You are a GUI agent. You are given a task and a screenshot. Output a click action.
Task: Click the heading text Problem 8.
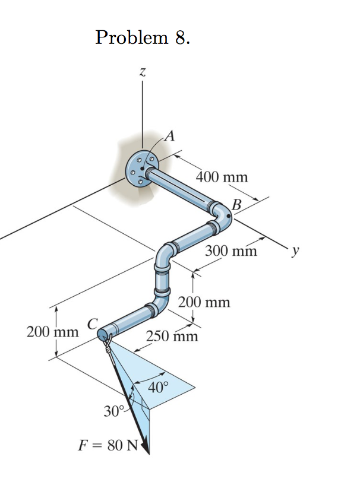pyautogui.click(x=143, y=38)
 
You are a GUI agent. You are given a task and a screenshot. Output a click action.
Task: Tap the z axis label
pyautogui.click(x=142, y=72)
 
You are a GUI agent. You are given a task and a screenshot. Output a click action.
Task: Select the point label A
pyautogui.click(x=169, y=136)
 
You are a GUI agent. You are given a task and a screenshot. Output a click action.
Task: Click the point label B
pyautogui.click(x=238, y=205)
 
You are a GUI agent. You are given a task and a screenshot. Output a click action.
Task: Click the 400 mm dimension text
pyautogui.click(x=222, y=177)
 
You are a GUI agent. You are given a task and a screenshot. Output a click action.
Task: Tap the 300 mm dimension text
pyautogui.click(x=231, y=250)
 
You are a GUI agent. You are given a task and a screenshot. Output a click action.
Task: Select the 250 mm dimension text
pyautogui.click(x=172, y=337)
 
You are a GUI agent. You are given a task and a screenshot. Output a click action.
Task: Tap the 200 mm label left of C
pyautogui.click(x=53, y=331)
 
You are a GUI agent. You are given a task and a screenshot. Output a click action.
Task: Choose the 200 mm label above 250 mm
pyautogui.click(x=204, y=303)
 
